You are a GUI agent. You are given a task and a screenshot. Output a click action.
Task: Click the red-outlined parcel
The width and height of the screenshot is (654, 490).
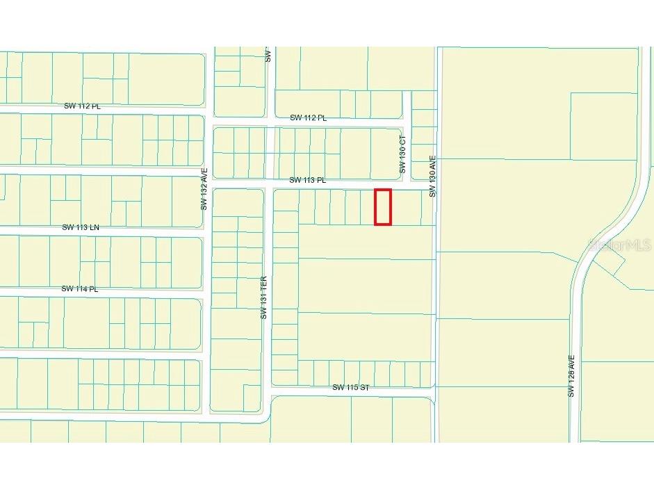tap(383, 207)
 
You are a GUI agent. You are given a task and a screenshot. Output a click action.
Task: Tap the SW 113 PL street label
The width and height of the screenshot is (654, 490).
tap(307, 180)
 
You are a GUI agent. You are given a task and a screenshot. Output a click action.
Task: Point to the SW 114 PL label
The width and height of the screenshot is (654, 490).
tap(80, 288)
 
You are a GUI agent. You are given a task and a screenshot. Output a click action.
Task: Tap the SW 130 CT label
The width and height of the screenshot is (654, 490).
tap(402, 159)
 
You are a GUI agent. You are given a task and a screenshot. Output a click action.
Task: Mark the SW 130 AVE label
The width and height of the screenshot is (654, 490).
tap(432, 176)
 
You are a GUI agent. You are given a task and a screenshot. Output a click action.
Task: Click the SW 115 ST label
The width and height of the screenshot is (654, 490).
tap(350, 387)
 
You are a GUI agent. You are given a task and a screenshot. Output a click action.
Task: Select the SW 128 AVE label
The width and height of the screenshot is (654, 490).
tap(571, 377)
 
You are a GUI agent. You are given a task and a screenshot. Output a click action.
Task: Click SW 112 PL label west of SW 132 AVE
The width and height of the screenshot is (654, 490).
tap(82, 106)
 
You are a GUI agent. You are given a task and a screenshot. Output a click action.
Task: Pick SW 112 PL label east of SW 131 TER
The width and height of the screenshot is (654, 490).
tap(308, 118)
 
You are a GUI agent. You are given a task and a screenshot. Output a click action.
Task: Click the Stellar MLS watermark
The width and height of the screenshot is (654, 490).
tap(619, 245)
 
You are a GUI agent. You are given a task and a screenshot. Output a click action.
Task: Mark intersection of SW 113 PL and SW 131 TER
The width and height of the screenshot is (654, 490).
tap(268, 184)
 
